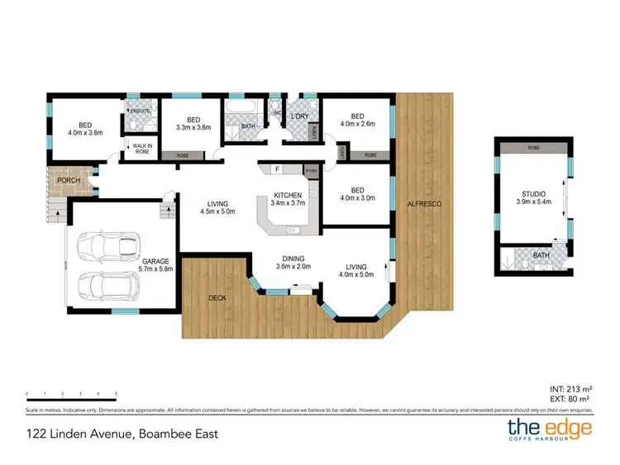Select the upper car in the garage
106,245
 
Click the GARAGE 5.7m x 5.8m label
155,263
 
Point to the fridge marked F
278,169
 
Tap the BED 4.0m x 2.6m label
357,120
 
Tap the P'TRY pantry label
311,171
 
